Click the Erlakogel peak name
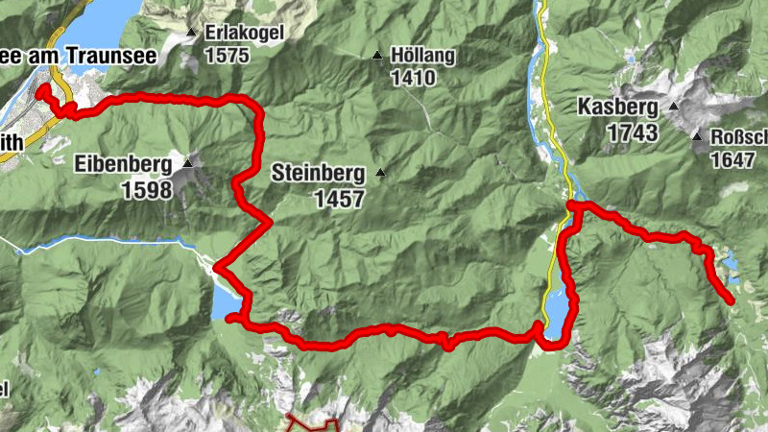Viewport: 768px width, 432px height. [244, 33]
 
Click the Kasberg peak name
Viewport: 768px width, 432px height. [617, 108]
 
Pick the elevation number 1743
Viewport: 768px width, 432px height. [632, 132]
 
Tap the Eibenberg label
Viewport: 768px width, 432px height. [122, 164]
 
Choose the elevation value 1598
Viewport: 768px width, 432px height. [147, 189]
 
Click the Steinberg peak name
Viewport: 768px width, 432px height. [318, 175]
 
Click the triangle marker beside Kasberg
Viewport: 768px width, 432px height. [674, 107]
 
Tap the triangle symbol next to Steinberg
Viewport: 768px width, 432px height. [380, 173]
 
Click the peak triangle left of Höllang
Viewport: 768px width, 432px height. [377, 56]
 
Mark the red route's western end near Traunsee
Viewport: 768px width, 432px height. [41, 90]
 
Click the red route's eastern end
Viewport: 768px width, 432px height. [732, 301]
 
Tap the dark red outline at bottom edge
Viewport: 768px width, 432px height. [314, 421]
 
